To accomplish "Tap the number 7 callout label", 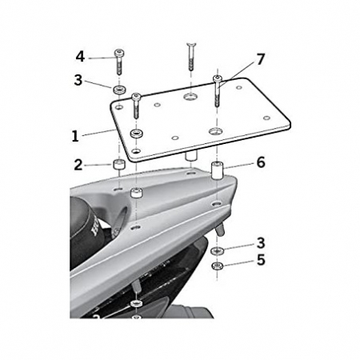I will [260, 61].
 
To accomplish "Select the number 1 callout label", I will [74, 136].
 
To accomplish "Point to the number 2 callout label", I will [78, 166].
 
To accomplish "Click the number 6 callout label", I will [260, 162].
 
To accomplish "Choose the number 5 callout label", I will [260, 259].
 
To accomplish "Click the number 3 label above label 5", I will [260, 242].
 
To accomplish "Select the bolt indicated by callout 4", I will [119, 59].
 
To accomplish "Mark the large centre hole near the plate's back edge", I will [190, 96].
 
